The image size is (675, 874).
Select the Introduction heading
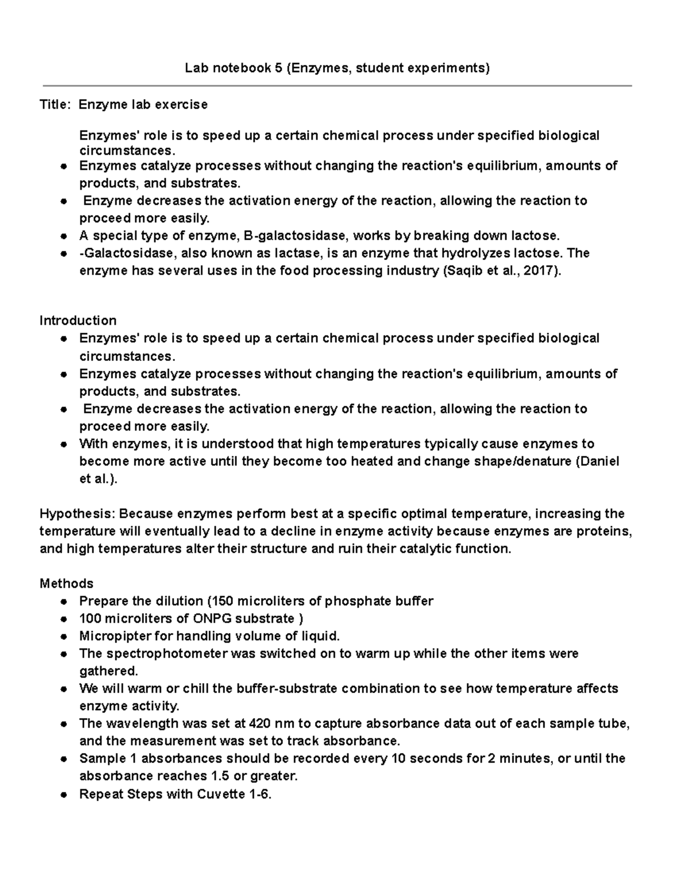pos(78,321)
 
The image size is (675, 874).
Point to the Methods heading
pos(66,583)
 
